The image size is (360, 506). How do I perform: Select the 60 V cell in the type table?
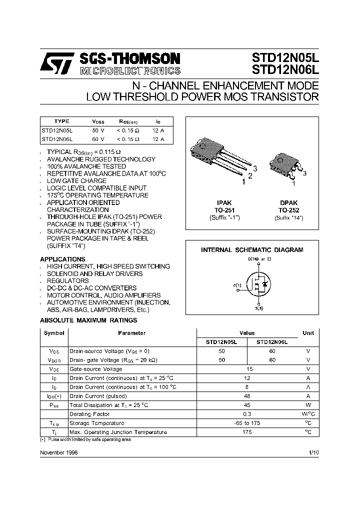[98, 139]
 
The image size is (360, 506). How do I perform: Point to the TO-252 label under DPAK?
[288, 210]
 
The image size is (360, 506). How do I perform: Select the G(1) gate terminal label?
[237, 285]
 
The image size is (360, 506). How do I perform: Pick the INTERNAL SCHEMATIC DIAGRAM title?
[252, 249]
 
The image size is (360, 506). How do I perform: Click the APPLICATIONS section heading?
[62, 259]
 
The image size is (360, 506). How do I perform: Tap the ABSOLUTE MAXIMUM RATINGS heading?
[88, 320]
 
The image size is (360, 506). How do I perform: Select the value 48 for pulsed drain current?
[247, 396]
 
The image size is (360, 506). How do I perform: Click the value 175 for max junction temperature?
[247, 432]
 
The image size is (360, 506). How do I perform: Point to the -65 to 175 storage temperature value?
[247, 423]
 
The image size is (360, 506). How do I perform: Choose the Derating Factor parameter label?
[89, 414]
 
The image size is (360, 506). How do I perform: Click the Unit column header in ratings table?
[308, 333]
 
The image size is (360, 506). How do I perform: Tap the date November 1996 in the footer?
[58, 452]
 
